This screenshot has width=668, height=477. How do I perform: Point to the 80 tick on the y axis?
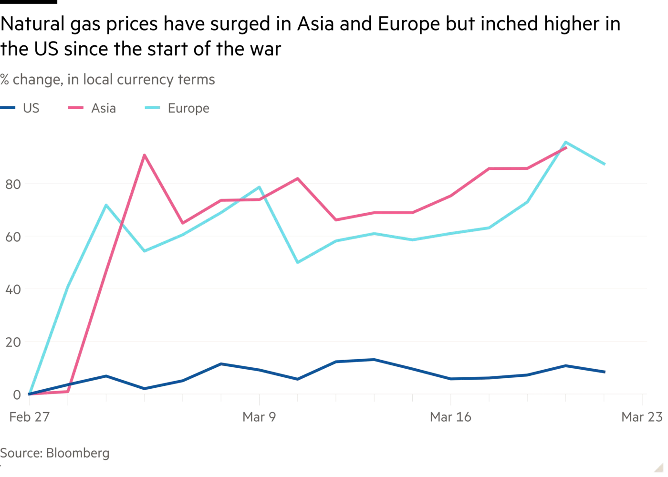[x=13, y=185]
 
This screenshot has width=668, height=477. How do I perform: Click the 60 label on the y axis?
[x=13, y=237]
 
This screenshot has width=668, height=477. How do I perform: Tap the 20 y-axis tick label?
[x=13, y=342]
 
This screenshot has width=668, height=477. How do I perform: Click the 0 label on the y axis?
[x=17, y=394]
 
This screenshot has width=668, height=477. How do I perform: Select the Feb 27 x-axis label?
[x=29, y=417]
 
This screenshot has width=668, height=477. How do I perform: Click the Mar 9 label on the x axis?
[x=259, y=417]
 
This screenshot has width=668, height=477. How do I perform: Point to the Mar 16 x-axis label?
[x=451, y=417]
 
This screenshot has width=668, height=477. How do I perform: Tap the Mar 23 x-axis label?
[x=642, y=417]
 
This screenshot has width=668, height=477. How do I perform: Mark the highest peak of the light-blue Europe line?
[x=566, y=142]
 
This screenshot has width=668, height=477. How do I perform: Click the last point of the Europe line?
[x=605, y=165]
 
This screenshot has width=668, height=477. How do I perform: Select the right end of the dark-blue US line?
[x=605, y=372]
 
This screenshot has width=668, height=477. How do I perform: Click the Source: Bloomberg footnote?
[x=55, y=453]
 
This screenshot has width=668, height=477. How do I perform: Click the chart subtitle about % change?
[x=108, y=80]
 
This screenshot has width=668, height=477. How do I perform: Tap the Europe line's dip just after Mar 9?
[x=297, y=263]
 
